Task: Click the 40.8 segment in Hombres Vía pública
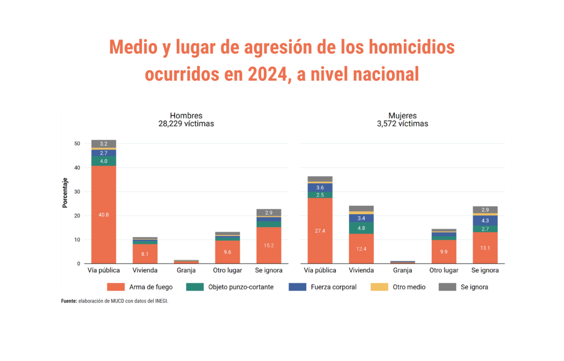[x=104, y=215]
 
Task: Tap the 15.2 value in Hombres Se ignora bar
[x=268, y=245]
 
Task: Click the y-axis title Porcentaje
[x=65, y=193]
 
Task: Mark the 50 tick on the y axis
[x=77, y=144]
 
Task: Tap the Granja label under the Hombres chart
[x=186, y=271]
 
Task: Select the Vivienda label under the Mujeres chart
[x=361, y=271]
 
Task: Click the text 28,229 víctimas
[x=186, y=124]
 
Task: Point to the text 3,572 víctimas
[x=402, y=124]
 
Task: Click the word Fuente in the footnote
[x=69, y=301]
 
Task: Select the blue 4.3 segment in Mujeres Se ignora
[x=485, y=220]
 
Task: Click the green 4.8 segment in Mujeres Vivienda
[x=361, y=228]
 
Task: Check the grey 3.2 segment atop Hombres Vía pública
[x=104, y=144]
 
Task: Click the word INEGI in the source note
[x=160, y=301]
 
